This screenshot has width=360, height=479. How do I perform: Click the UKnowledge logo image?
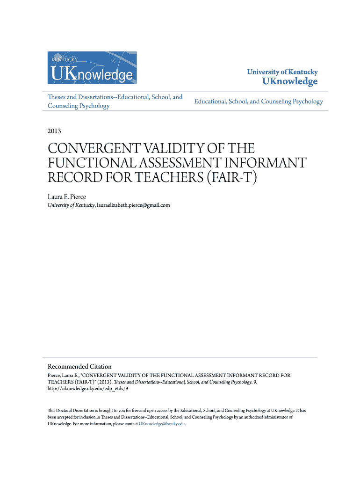click(x=93, y=67)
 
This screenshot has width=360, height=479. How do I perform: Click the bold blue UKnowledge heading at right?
click(x=289, y=81)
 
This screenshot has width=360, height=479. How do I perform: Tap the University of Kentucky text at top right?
click(x=282, y=72)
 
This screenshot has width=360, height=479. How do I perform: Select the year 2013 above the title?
click(x=54, y=131)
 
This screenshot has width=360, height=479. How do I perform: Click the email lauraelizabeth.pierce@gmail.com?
click(x=133, y=205)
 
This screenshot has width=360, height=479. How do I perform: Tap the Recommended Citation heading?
click(x=79, y=366)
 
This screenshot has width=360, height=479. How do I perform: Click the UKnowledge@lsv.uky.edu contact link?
click(x=162, y=423)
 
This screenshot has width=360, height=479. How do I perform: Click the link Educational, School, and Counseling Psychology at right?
click(x=259, y=102)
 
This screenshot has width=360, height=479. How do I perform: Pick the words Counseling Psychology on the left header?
click(x=79, y=106)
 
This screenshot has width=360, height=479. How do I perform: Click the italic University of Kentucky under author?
click(x=71, y=205)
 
